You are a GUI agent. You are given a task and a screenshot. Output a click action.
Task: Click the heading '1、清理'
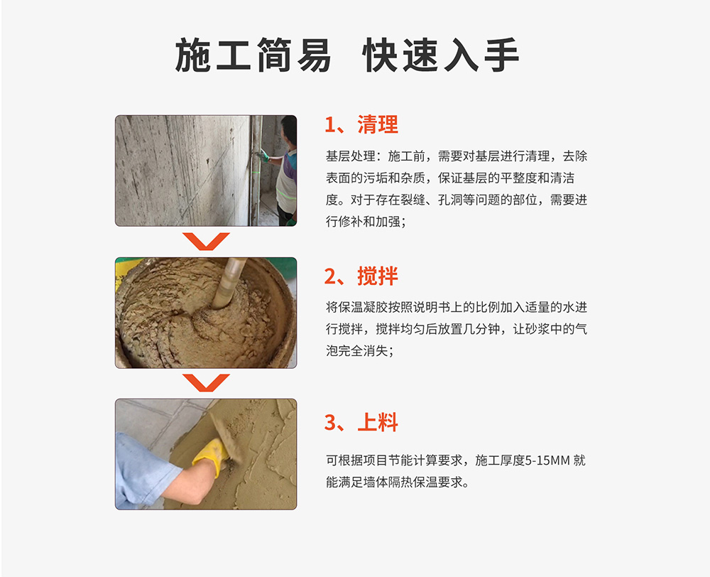361,124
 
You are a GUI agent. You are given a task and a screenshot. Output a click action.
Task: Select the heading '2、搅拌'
361,276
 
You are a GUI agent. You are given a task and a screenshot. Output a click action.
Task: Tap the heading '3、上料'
361,422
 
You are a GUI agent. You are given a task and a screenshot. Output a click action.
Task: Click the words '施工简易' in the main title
253,55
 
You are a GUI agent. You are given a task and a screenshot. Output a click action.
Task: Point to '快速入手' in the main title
441,55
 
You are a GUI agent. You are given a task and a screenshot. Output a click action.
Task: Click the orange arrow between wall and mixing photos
206,241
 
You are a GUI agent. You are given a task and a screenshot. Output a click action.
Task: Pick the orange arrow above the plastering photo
206,383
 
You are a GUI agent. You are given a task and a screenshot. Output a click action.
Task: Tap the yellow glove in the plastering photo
211,455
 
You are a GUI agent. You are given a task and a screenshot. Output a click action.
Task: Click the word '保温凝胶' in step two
363,307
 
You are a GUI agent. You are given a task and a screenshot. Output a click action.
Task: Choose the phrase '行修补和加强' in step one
363,222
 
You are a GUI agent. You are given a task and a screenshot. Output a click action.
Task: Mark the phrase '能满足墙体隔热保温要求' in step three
394,482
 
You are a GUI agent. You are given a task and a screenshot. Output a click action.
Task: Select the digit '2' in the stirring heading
330,276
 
